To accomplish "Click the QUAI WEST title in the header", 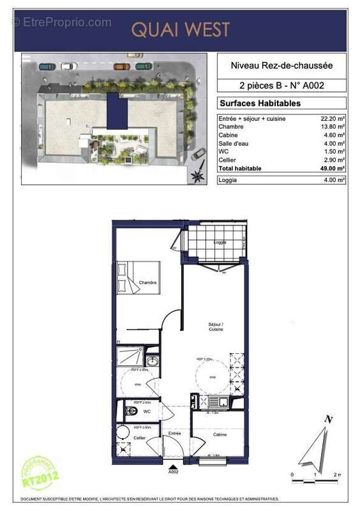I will tap(180, 29).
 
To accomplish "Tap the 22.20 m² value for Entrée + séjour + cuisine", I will tap(333, 119).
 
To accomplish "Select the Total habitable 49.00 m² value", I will tap(333, 168).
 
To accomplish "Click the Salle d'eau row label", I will tap(234, 144).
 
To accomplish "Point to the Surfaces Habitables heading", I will tap(260, 103).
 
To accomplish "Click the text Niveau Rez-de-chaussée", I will tap(281, 65).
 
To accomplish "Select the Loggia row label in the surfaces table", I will tap(228, 181).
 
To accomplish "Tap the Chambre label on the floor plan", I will tap(147, 283).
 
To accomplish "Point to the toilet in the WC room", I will tap(131, 411).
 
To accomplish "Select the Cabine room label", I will tap(218, 434).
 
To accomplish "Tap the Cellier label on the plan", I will tap(139, 438).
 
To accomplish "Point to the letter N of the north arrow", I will tap(328, 420).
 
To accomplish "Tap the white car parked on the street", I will tap(68, 66).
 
